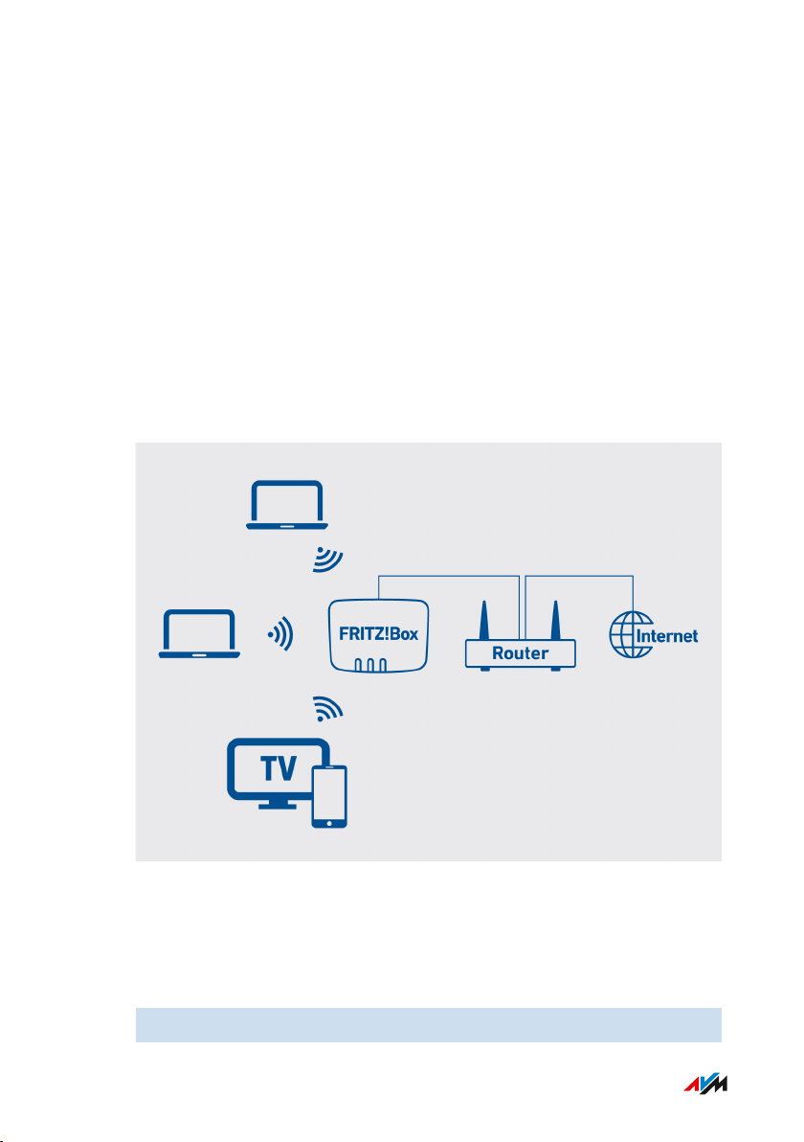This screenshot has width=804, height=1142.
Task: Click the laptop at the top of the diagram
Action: point(286,505)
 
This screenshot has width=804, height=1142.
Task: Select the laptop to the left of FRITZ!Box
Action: point(200,634)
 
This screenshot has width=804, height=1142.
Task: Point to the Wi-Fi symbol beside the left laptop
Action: point(280,634)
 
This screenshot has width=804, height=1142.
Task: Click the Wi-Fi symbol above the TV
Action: point(327,708)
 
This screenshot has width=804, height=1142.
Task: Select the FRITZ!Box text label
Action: point(379,634)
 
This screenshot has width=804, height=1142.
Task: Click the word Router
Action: point(520,653)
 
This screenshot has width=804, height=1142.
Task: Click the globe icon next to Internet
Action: point(627,634)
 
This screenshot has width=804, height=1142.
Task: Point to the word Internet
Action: point(666,635)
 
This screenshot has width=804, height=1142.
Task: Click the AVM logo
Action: point(706,1085)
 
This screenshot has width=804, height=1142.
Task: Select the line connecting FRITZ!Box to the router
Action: point(450,576)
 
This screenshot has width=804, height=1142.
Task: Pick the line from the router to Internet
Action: point(580,576)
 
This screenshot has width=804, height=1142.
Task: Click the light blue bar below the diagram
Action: point(427,1024)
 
